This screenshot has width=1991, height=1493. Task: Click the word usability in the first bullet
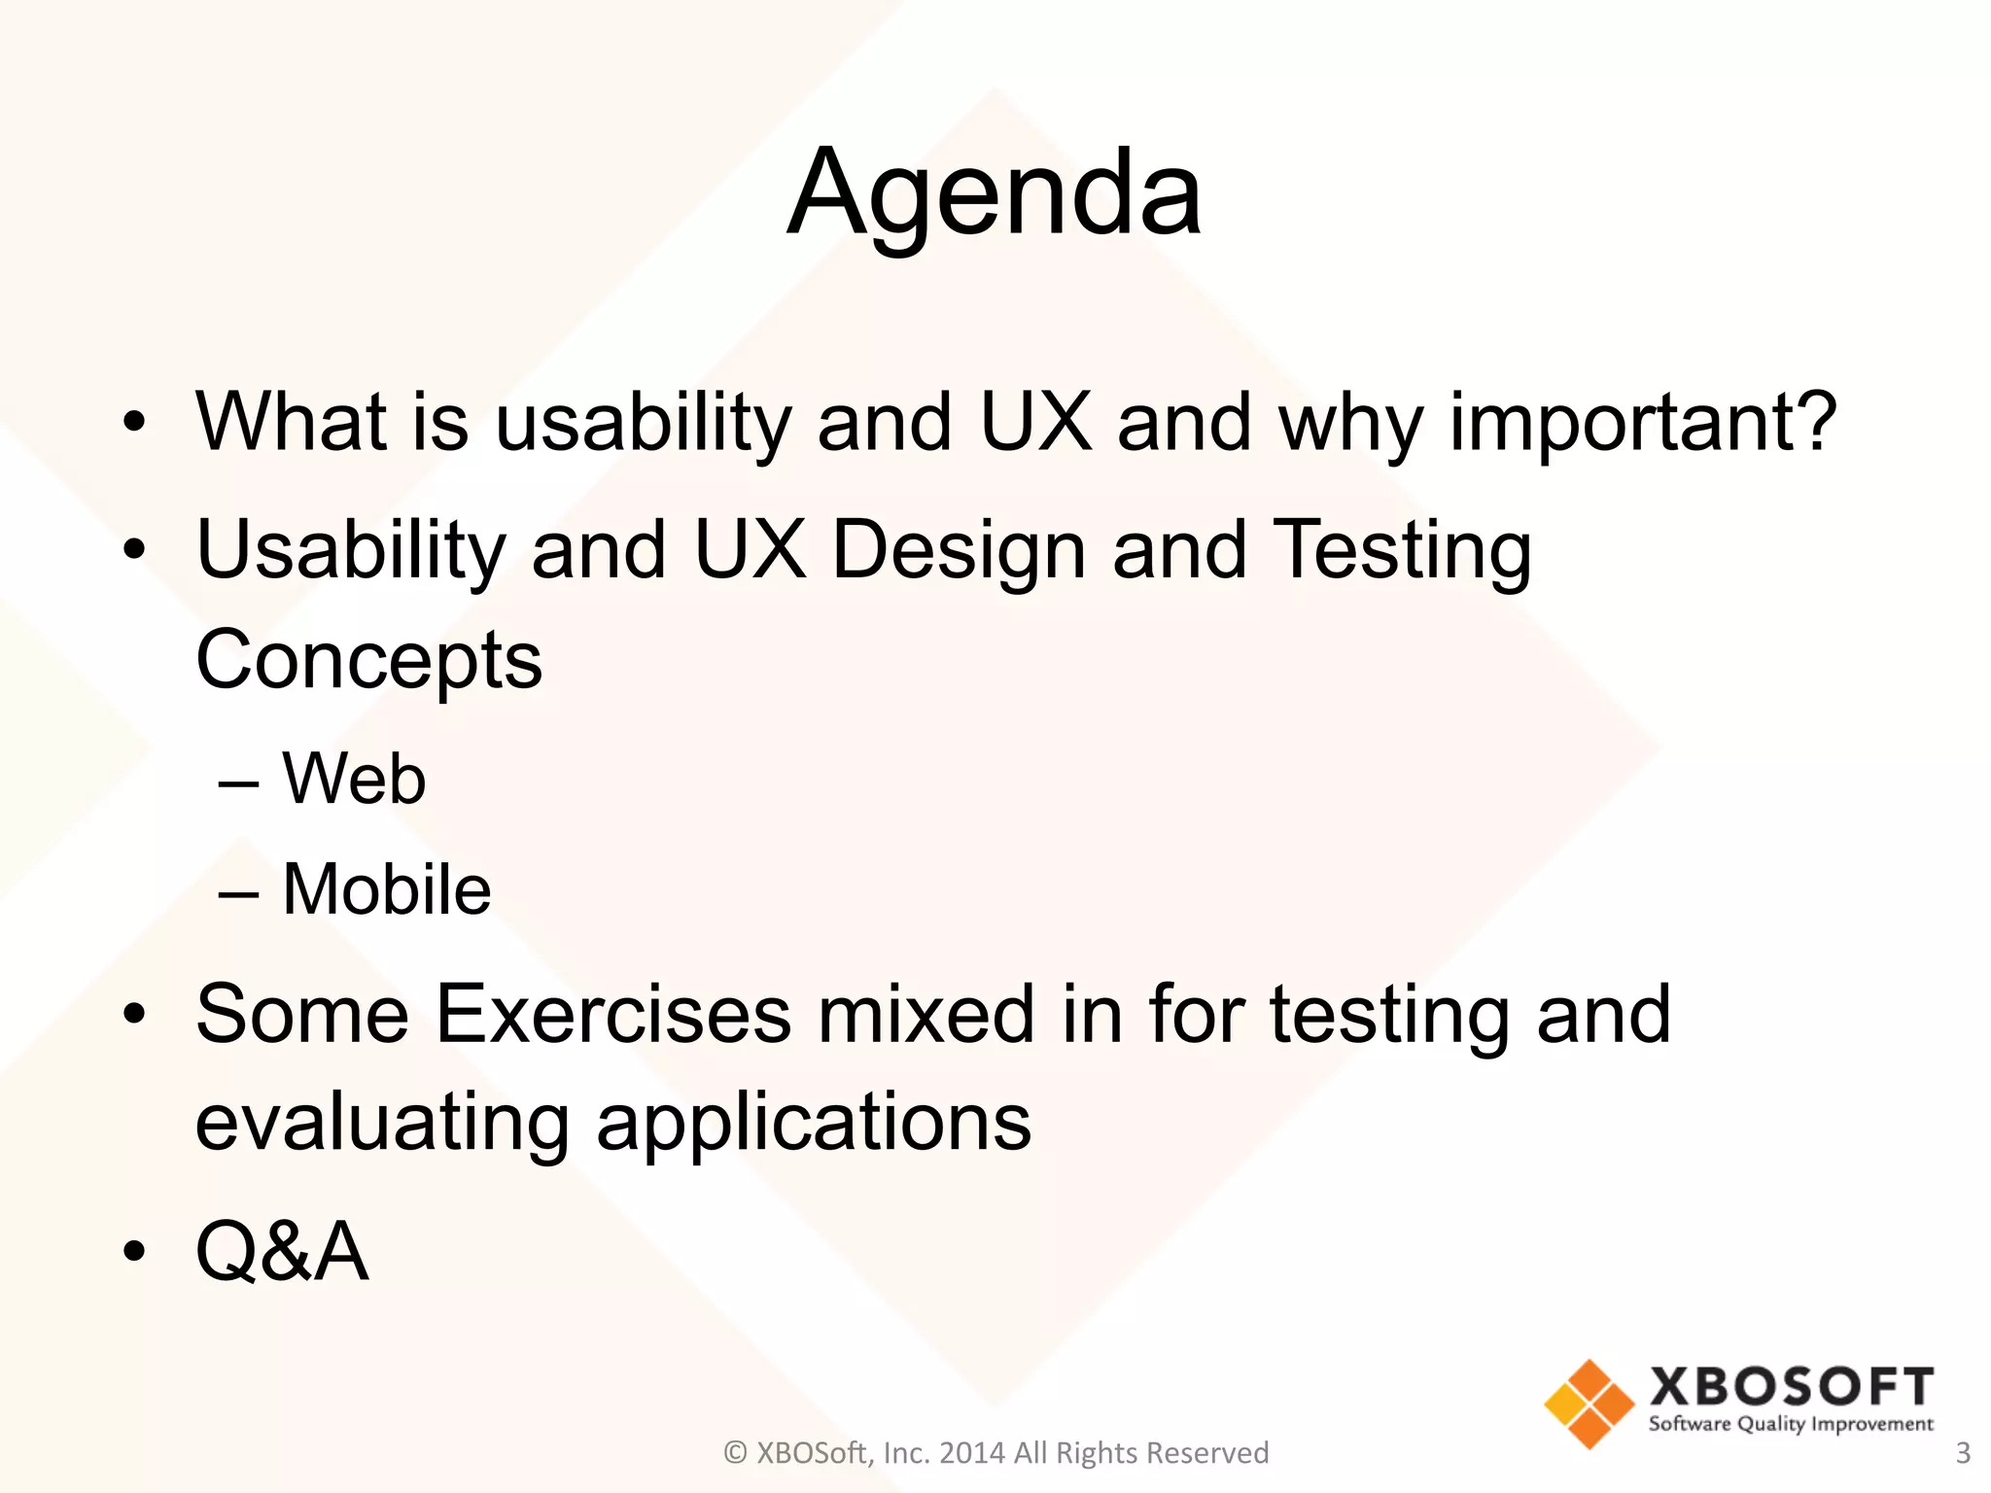[642, 423]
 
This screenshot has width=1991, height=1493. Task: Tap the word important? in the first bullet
[1642, 423]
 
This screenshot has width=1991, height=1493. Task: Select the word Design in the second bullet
[958, 550]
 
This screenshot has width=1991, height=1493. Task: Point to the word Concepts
[368, 660]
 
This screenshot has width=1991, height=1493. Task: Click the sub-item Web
[354, 780]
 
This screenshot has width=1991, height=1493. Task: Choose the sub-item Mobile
[386, 889]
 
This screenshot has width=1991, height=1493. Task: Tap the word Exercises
[612, 1015]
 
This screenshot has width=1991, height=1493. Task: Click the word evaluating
[382, 1123]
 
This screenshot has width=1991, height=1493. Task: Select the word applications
[814, 1123]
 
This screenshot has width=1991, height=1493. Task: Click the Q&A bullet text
[282, 1252]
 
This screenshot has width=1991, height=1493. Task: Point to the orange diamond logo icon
[1589, 1404]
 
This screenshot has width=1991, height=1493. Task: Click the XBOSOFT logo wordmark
[1791, 1386]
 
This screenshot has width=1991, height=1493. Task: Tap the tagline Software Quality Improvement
[1791, 1425]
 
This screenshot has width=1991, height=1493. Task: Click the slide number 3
[1962, 1453]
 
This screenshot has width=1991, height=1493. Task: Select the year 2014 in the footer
[972, 1453]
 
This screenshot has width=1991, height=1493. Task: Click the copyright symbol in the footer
[736, 1453]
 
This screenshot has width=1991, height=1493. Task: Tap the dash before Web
[238, 781]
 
